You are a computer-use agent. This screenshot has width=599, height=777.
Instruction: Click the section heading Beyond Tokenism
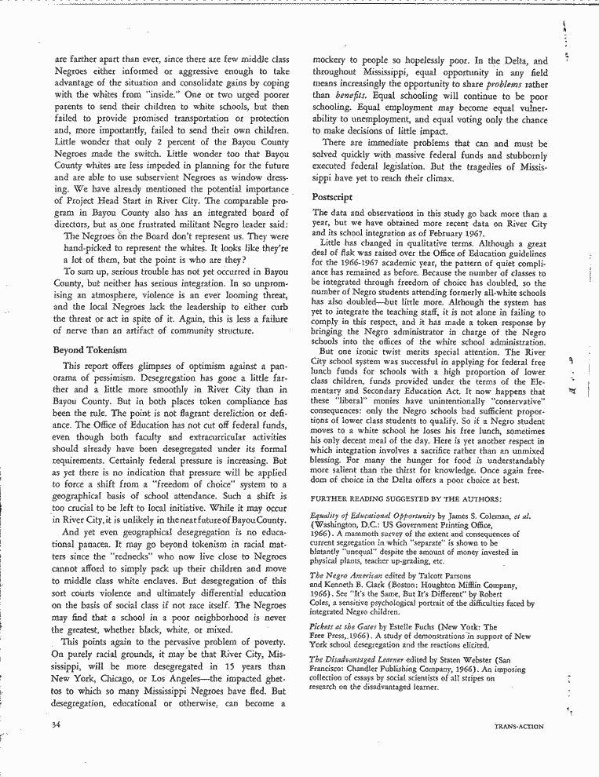pyautogui.click(x=90, y=349)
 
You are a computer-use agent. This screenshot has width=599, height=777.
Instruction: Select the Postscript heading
pyautogui.click(x=332, y=197)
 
